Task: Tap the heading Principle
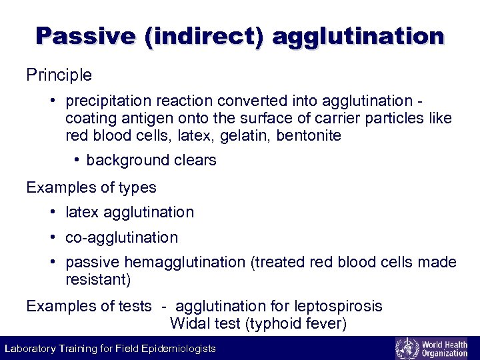(x=59, y=75)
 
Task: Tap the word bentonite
(x=311, y=136)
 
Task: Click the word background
(x=127, y=160)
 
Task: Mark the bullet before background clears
(x=77, y=160)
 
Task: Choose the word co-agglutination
(x=121, y=237)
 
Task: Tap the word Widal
(x=189, y=324)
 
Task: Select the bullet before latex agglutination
(x=53, y=212)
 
